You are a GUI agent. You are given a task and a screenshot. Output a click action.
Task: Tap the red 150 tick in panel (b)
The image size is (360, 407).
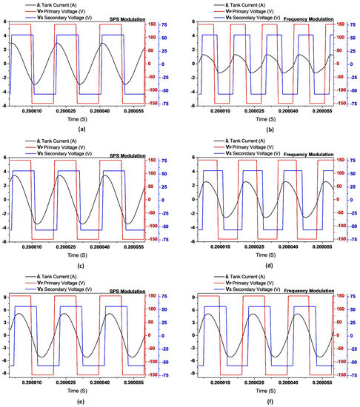click(x=347, y=24)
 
